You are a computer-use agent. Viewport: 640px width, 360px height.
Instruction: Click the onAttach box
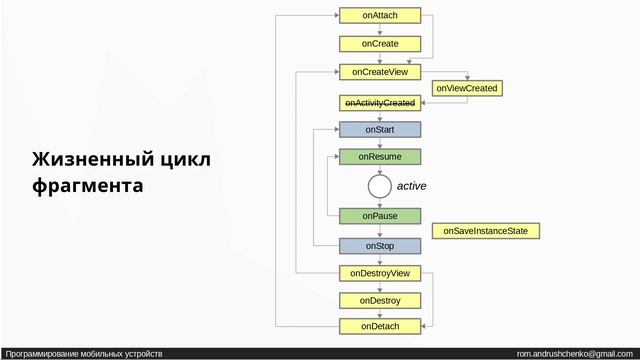click(x=379, y=15)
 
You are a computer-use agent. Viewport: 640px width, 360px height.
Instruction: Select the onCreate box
click(x=379, y=44)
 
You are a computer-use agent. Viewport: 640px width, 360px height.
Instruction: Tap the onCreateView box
click(x=379, y=72)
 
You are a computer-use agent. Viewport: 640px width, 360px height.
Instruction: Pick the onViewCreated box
click(x=467, y=88)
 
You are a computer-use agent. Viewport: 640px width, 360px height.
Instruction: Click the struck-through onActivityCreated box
click(x=379, y=103)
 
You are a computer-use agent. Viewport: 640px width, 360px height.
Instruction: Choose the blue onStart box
click(x=379, y=129)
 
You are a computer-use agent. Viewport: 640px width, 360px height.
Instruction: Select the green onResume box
click(x=379, y=157)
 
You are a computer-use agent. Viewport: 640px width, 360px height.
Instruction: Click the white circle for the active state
click(x=379, y=186)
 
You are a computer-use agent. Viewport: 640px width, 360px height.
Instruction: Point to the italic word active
click(x=412, y=186)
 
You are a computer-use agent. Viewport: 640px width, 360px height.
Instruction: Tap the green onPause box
click(x=379, y=216)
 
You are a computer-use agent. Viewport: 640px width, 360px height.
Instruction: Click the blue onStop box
click(x=379, y=246)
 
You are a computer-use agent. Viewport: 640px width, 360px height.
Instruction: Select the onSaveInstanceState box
click(x=485, y=231)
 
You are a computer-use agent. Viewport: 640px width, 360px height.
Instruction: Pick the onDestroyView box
click(x=379, y=273)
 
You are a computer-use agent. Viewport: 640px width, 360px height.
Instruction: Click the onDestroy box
click(x=379, y=300)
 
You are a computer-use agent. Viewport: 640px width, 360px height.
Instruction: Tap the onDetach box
click(x=379, y=326)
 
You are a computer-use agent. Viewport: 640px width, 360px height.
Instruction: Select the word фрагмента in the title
click(x=87, y=186)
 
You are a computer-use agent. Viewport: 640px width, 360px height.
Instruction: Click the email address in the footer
click(x=574, y=354)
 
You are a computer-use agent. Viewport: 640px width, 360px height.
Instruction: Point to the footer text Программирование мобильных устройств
click(x=84, y=354)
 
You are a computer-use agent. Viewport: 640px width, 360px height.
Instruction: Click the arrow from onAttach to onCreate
click(x=379, y=30)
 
